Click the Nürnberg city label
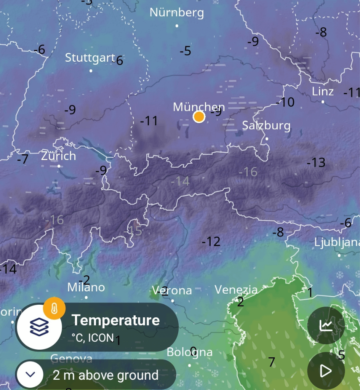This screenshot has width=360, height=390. click(x=176, y=13)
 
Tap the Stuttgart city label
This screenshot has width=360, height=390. click(x=90, y=58)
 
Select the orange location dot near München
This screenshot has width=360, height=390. click(x=199, y=117)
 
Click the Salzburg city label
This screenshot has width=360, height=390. click(x=266, y=125)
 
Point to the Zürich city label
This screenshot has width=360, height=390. click(x=58, y=156)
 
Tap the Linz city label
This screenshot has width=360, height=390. click(x=323, y=91)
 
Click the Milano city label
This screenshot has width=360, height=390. click(x=86, y=287)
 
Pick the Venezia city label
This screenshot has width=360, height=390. click(x=236, y=289)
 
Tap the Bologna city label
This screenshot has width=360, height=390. click(x=189, y=352)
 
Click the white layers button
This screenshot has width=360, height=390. click(x=39, y=327)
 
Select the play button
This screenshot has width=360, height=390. click(x=326, y=371)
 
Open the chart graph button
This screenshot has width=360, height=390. click(x=326, y=325)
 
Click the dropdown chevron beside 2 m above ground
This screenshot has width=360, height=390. click(x=30, y=374)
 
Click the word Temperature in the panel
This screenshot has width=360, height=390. click(x=115, y=320)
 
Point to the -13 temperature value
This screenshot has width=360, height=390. click(x=316, y=163)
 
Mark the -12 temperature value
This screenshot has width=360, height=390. click(x=211, y=241)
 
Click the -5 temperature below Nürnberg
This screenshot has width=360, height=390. click(x=185, y=51)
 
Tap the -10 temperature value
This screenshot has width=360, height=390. click(x=285, y=102)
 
